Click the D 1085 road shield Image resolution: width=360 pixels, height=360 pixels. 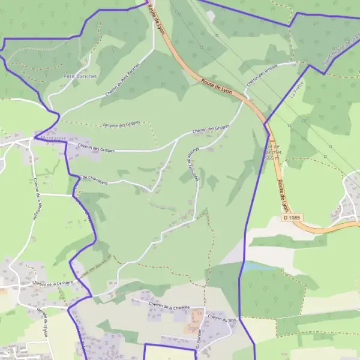coord(291,217)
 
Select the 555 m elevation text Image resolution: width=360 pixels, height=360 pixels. coord(272,158)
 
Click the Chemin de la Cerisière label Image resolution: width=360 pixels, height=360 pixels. coord(53,283)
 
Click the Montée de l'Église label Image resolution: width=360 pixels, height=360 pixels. coord(43,321)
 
